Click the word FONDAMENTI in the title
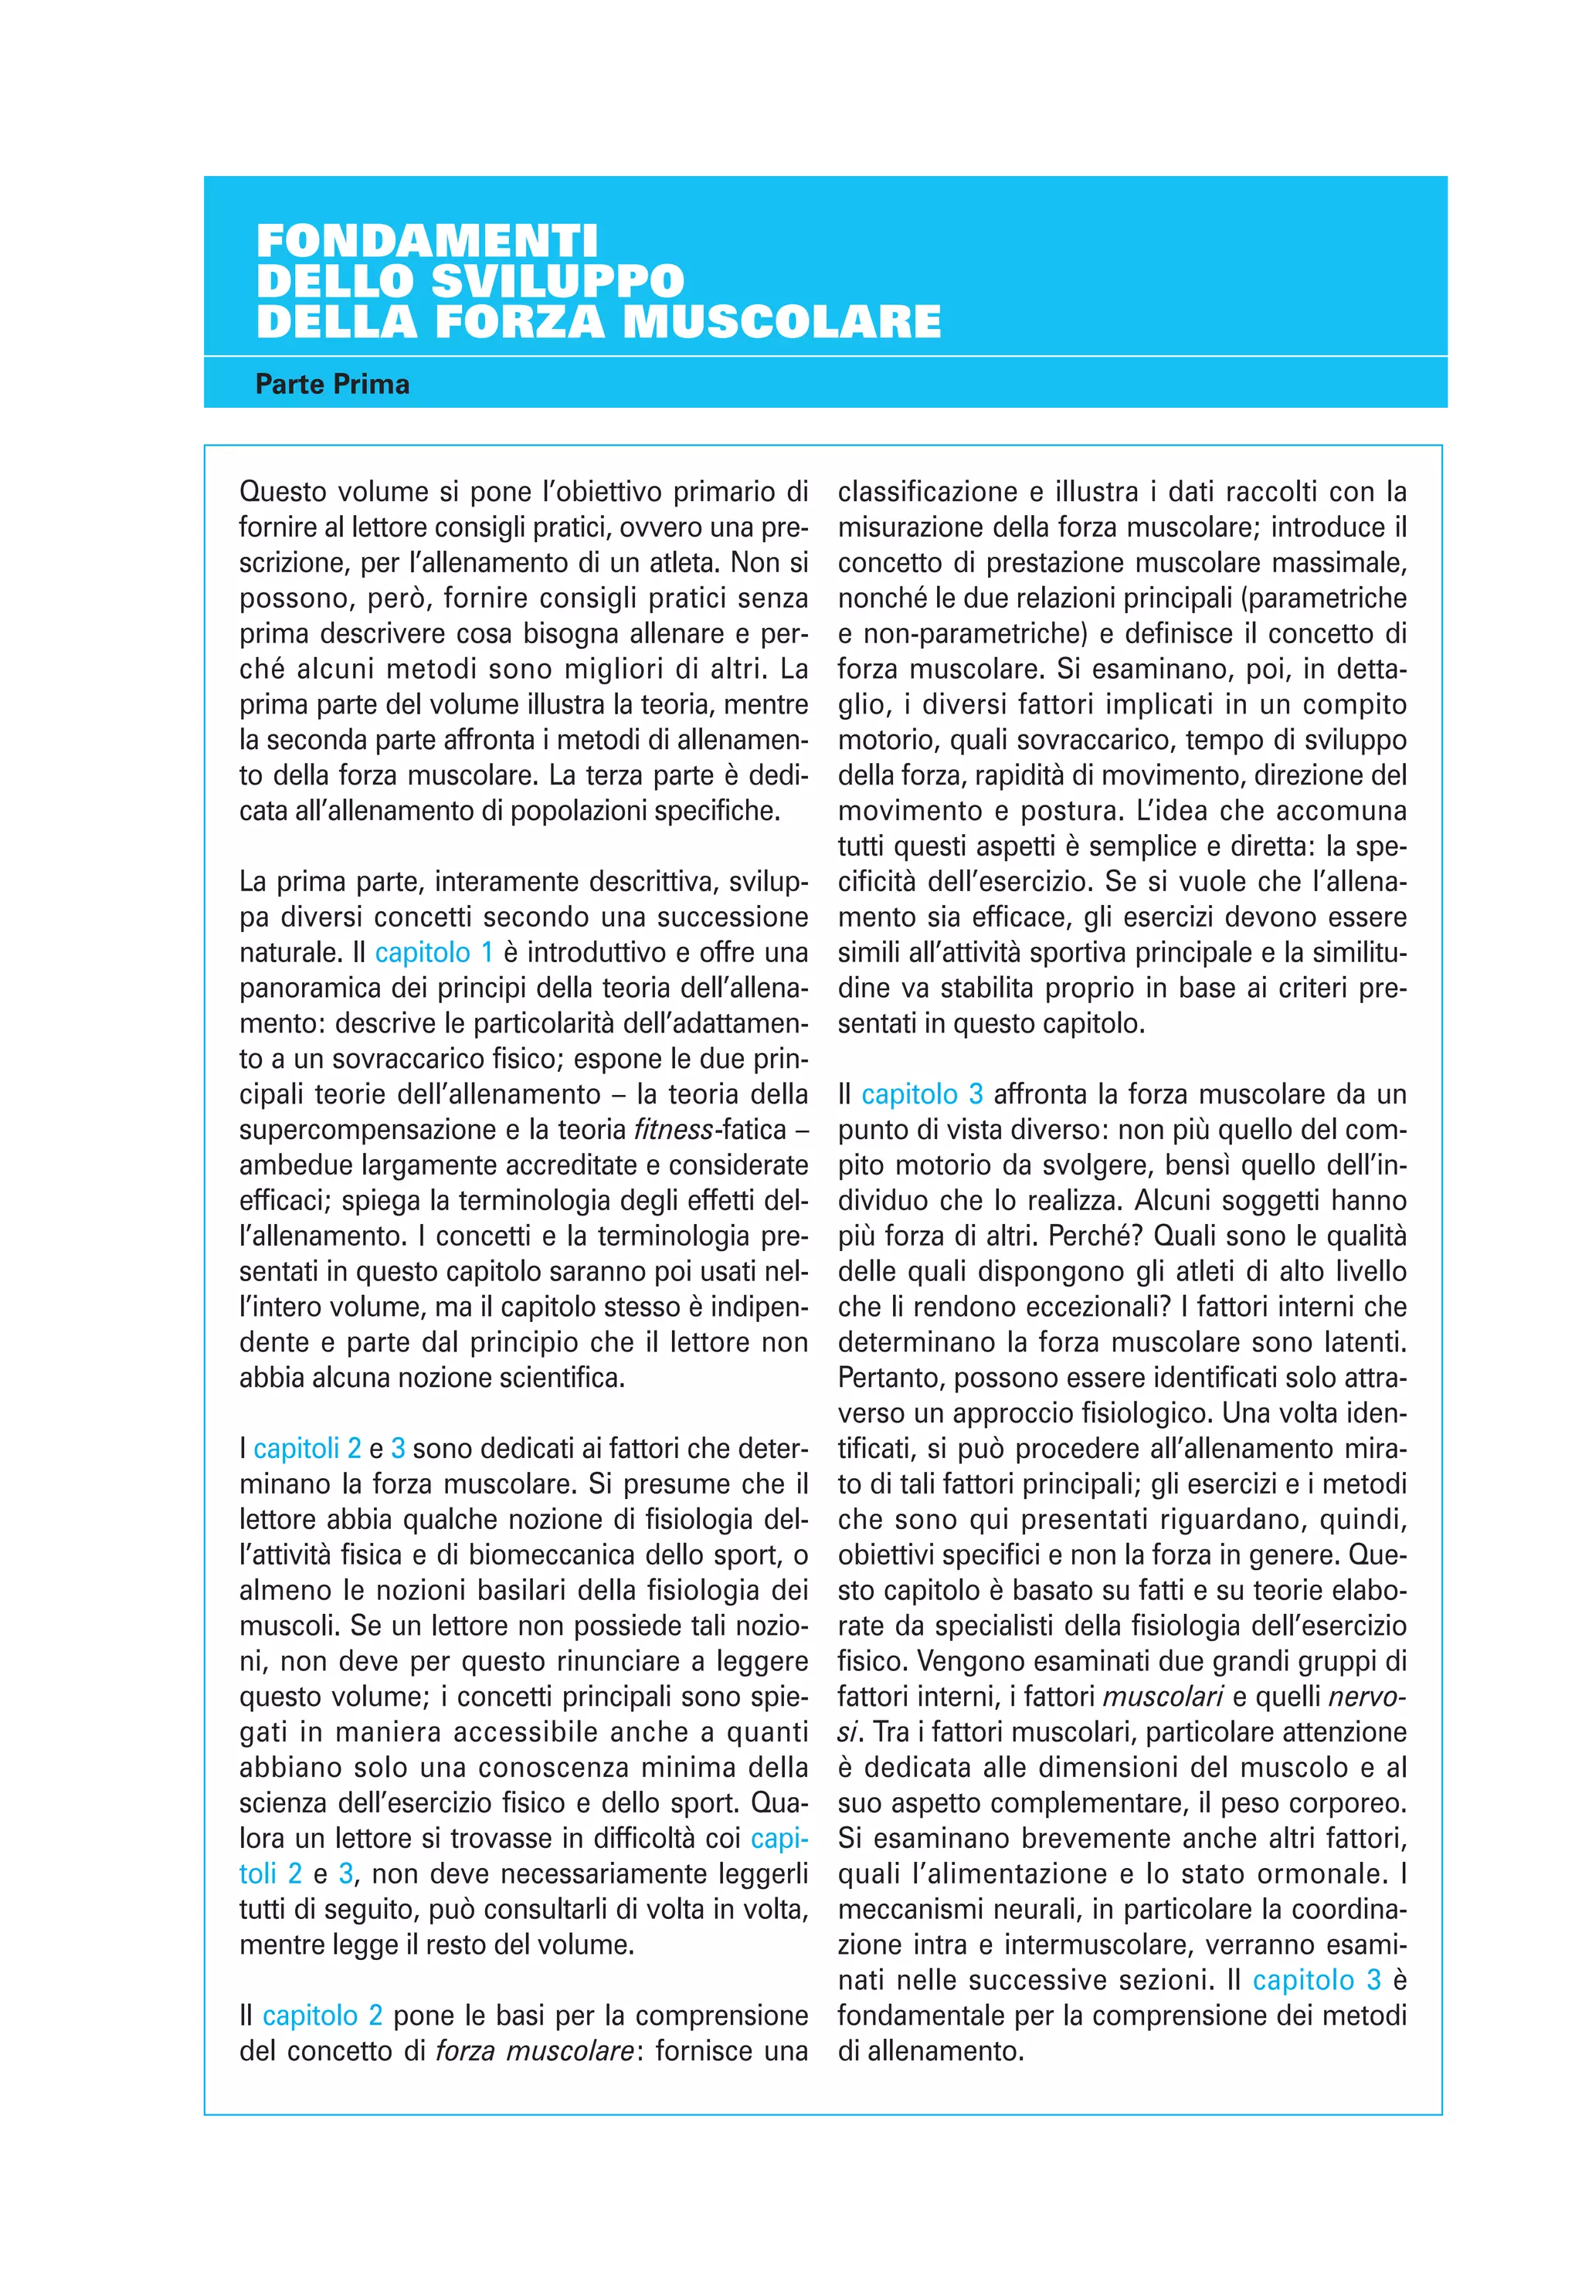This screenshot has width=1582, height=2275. pyautogui.click(x=427, y=241)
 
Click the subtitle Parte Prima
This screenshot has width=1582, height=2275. pyautogui.click(x=332, y=385)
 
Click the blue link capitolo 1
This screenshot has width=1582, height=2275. pyautogui.click(x=433, y=953)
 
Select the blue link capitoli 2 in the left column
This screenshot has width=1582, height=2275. pyautogui.click(x=307, y=1449)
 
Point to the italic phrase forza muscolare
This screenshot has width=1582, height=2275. pyautogui.click(x=535, y=2050)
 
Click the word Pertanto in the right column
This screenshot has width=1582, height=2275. pyautogui.click(x=891, y=1378)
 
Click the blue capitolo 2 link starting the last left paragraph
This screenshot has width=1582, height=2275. pyautogui.click(x=322, y=2016)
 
